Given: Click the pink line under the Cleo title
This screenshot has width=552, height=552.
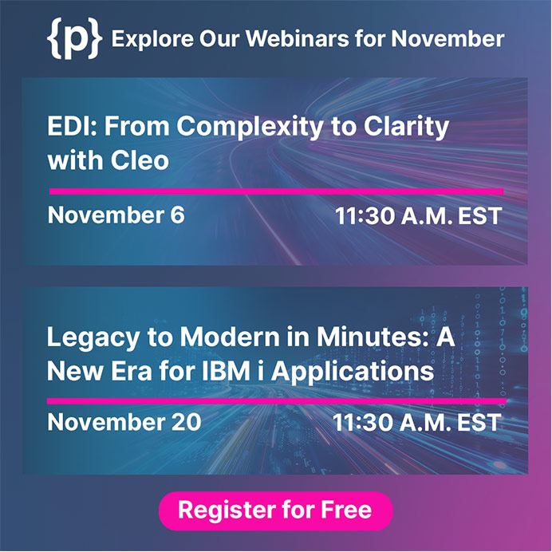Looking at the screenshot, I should click(x=276, y=191).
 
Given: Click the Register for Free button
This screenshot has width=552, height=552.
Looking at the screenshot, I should click(x=276, y=511).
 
